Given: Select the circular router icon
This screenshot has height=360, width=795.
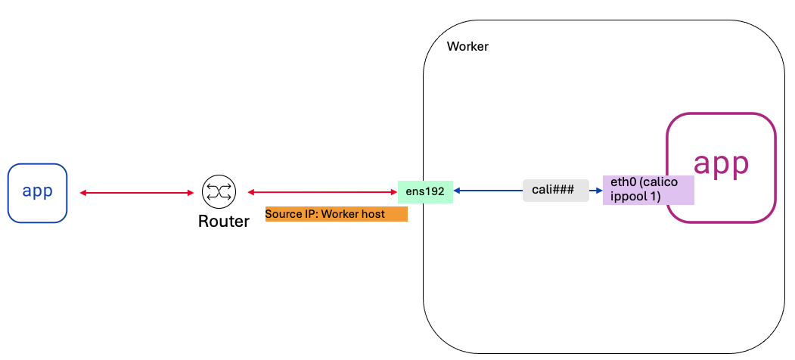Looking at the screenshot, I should pyautogui.click(x=219, y=192).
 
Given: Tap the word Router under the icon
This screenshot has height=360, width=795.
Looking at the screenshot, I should pyautogui.click(x=223, y=222).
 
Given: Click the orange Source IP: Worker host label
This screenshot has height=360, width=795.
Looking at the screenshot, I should pyautogui.click(x=336, y=215).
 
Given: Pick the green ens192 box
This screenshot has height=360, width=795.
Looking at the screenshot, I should pyautogui.click(x=424, y=191).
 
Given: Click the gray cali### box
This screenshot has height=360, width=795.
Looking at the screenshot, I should pyautogui.click(x=555, y=191).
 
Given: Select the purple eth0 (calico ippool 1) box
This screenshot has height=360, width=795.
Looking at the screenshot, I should pyautogui.click(x=647, y=190).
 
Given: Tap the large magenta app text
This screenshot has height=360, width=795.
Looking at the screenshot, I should pyautogui.click(x=721, y=163).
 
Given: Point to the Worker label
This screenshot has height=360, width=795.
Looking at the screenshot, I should pyautogui.click(x=467, y=47).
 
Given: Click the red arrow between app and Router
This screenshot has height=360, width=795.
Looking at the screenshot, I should pyautogui.click(x=137, y=193).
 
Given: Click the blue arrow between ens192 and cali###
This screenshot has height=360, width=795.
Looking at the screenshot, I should pyautogui.click(x=487, y=191).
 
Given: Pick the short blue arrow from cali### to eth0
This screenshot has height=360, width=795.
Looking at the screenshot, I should pyautogui.click(x=595, y=191).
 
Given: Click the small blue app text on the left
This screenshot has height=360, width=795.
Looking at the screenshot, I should pyautogui.click(x=37, y=192).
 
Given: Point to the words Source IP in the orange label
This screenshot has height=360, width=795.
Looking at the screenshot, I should pyautogui.click(x=290, y=215).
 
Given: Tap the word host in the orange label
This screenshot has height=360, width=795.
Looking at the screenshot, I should pyautogui.click(x=373, y=215).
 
